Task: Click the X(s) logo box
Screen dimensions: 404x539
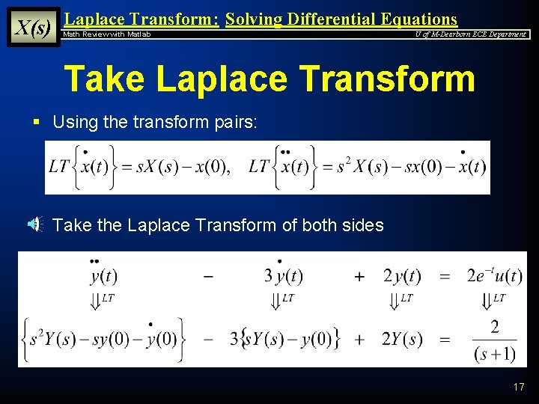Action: (33, 27)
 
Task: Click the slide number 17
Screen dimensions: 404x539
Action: (519, 387)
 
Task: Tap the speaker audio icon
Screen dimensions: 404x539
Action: (36, 224)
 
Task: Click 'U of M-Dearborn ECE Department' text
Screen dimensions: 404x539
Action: (471, 34)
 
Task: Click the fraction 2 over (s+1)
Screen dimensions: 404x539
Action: (494, 340)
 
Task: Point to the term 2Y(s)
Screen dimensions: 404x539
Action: (402, 340)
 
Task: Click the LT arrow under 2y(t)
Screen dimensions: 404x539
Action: (397, 301)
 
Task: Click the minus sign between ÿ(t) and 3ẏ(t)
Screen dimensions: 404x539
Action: (208, 276)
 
